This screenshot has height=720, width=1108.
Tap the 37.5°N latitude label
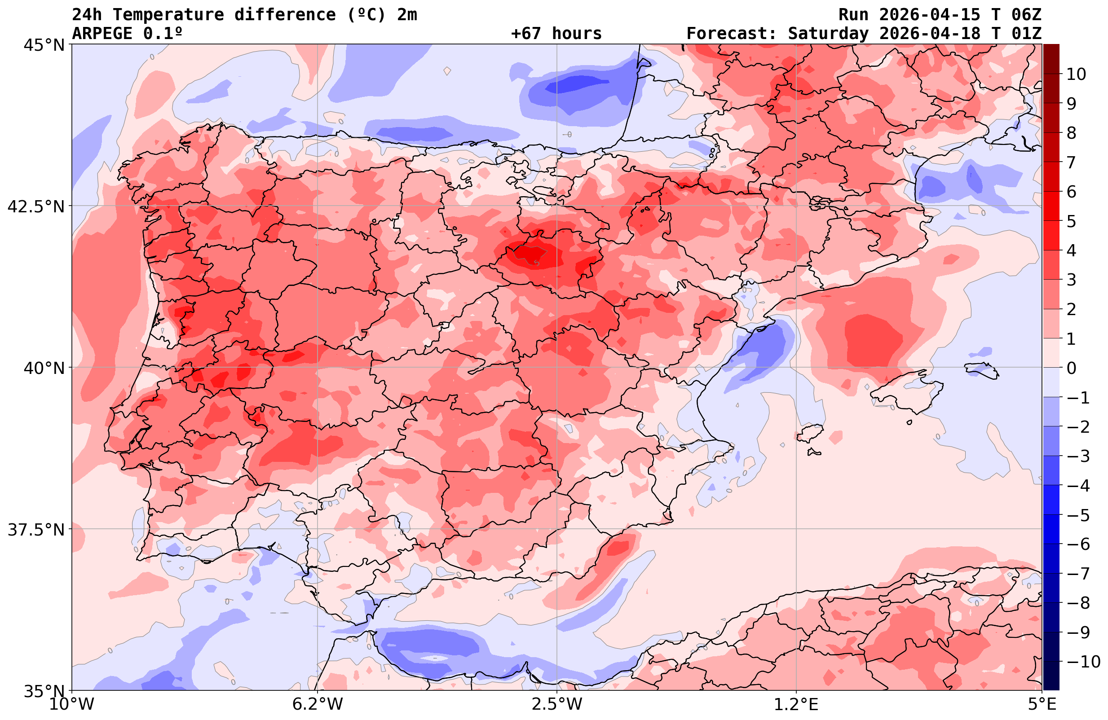coord(36,530)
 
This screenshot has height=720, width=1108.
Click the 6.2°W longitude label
coord(318,704)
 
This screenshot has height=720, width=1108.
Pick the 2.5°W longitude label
coord(557,704)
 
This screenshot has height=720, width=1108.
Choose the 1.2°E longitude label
coord(796,704)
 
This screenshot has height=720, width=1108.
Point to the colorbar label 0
coord(1071,368)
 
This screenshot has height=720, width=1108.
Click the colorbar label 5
coord(1071,222)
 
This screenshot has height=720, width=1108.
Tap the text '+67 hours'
coord(556,34)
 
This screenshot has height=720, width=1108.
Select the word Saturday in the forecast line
coord(828,34)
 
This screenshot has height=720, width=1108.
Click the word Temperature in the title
coord(172,15)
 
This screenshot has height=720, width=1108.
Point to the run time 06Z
coord(1026,15)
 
